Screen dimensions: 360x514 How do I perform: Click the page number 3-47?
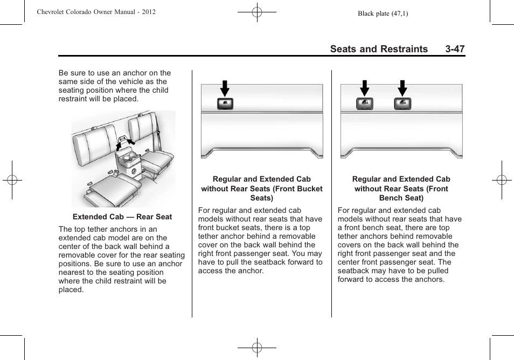[455, 49]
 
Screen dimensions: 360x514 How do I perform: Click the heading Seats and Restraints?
[379, 49]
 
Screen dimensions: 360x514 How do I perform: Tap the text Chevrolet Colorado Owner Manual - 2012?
[96, 11]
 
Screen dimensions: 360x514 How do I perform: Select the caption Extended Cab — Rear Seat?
[122, 217]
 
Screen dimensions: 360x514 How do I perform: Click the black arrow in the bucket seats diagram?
[225, 88]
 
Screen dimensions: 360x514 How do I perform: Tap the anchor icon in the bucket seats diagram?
[225, 104]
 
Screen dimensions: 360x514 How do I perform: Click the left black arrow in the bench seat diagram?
[365, 88]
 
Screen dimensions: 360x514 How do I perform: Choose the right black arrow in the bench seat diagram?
[402, 88]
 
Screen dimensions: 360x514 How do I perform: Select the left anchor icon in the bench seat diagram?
[365, 104]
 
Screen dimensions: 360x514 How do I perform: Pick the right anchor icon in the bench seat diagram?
[402, 104]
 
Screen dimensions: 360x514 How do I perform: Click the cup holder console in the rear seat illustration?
[128, 162]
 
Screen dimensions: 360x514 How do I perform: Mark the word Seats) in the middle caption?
[261, 198]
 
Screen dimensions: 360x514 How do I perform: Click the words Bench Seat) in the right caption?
[401, 198]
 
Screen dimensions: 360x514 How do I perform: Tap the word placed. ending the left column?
[71, 289]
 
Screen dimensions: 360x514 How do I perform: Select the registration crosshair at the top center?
[257, 11]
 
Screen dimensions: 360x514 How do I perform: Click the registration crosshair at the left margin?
[12, 180]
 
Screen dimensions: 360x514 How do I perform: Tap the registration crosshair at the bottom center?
[257, 348]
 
